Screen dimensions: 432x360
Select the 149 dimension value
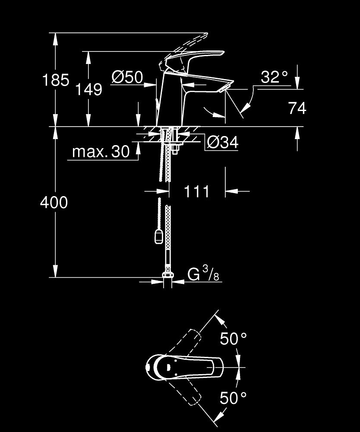(x=89, y=89)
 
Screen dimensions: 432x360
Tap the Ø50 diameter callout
(x=127, y=77)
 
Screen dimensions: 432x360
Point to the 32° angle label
(x=274, y=77)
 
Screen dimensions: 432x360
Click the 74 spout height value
(x=297, y=108)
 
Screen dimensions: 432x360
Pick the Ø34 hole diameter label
(x=222, y=142)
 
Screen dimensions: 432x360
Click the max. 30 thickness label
(x=101, y=151)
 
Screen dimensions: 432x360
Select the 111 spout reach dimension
(x=196, y=191)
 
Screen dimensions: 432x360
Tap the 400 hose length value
(x=54, y=202)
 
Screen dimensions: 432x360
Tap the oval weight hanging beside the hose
(x=159, y=236)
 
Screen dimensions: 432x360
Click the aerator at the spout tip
(x=223, y=89)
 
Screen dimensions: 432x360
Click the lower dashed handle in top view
(x=186, y=391)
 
